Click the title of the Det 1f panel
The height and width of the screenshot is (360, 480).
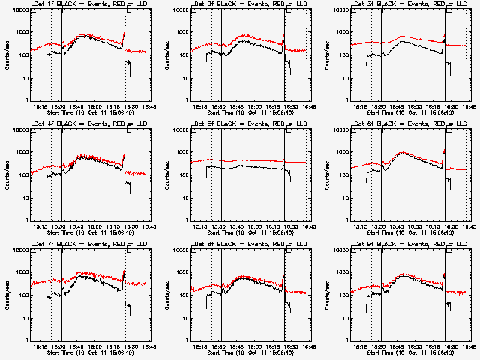click(93, 4)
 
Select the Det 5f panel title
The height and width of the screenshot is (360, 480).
click(253, 124)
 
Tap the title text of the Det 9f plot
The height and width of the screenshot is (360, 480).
click(413, 244)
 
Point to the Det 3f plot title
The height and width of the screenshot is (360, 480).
click(413, 4)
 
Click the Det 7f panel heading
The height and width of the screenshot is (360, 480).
click(93, 244)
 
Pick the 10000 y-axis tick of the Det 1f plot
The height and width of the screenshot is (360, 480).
click(19, 10)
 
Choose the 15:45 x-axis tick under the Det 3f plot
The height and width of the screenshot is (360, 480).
click(396, 106)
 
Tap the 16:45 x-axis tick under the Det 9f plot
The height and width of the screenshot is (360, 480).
click(468, 346)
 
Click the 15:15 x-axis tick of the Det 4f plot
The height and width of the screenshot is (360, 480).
click(40, 226)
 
